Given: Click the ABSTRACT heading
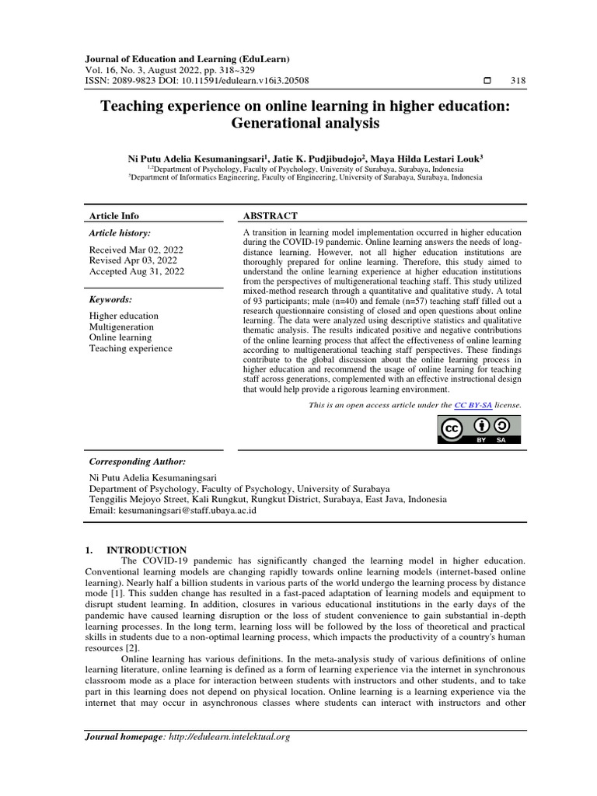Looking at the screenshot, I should [271, 215].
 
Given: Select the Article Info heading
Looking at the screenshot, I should [114, 215].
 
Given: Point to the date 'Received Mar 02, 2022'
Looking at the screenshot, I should [136, 250].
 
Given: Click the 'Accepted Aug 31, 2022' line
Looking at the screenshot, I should [137, 271].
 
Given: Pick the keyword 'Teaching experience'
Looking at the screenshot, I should [131, 348].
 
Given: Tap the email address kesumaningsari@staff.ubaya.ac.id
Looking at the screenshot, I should [187, 511].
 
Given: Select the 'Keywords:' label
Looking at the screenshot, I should [110, 298].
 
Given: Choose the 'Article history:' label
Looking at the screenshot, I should [120, 232].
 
